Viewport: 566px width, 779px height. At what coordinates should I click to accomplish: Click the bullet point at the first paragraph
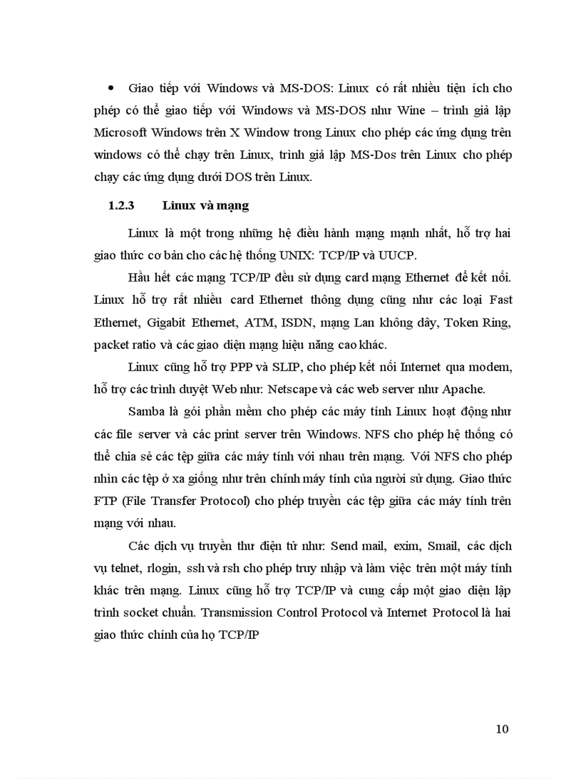111,89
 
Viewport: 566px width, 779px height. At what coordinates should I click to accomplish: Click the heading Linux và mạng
205,205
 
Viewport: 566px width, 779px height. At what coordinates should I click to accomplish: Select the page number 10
503,728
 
